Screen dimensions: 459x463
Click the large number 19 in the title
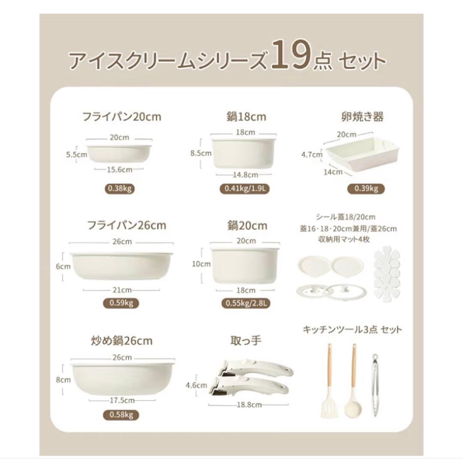coord(292,59)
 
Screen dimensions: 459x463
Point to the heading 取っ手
coord(246,341)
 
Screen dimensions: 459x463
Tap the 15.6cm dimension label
coord(119,169)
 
